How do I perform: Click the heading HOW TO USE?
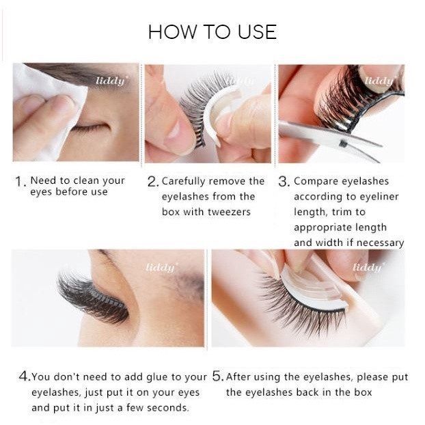tap(212, 32)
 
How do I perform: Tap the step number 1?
tap(20, 181)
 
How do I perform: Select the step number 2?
tap(152, 181)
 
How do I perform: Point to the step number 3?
tap(284, 181)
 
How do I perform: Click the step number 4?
tap(25, 376)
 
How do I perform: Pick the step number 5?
tap(218, 376)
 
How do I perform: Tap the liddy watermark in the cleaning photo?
tap(110, 81)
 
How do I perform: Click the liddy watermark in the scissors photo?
tap(379, 81)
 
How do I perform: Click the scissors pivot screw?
tap(344, 143)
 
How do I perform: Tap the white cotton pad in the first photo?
tap(49, 109)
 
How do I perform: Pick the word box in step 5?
tap(363, 392)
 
